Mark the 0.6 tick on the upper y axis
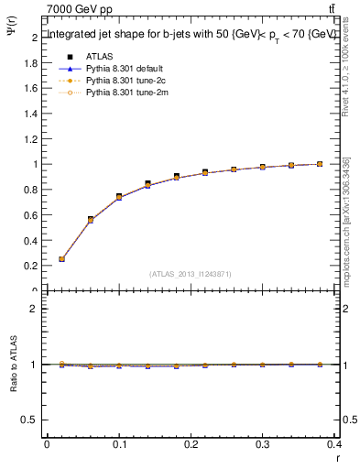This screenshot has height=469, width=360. pyautogui.click(x=33, y=215)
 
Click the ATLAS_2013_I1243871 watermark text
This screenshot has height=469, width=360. pyautogui.click(x=191, y=274)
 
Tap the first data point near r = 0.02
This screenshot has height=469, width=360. pyautogui.click(x=61, y=259)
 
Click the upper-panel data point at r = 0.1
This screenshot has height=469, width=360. pyautogui.click(x=119, y=197)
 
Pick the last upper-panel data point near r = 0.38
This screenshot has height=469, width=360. pyautogui.click(x=320, y=164)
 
